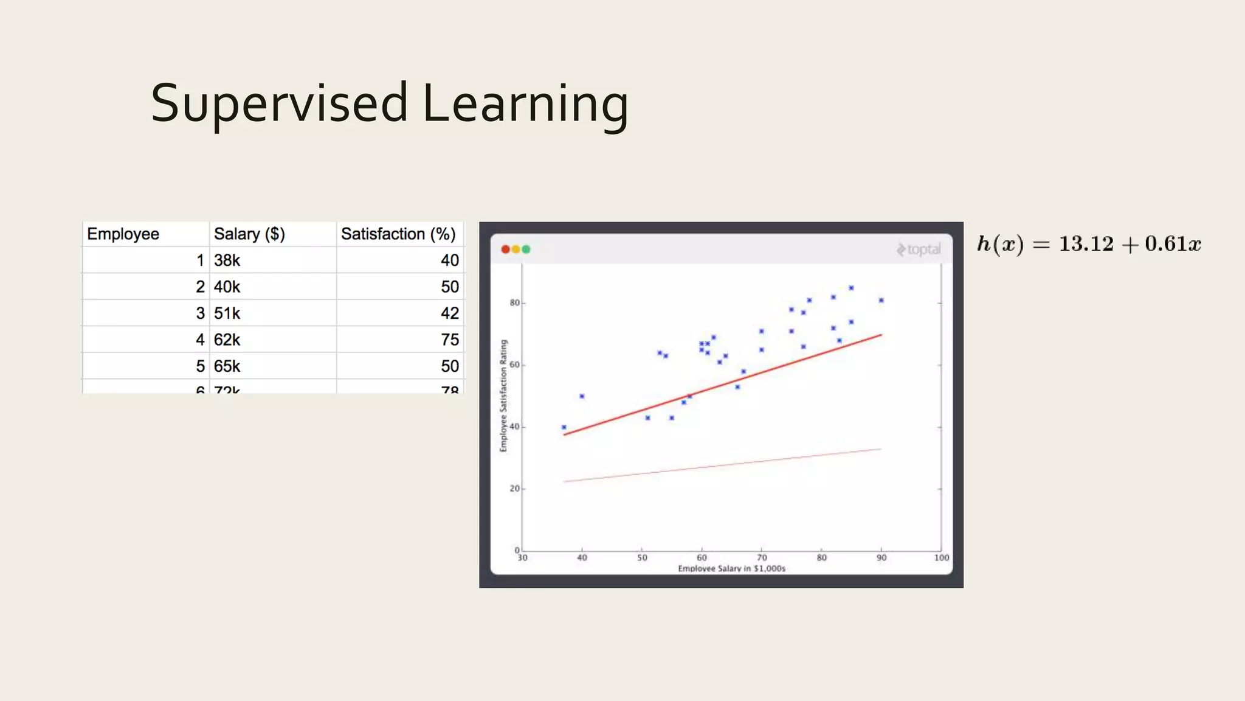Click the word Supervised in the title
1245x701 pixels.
(x=279, y=103)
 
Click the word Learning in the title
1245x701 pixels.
(x=525, y=103)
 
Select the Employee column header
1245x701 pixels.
(x=123, y=234)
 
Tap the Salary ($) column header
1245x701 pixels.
(x=249, y=234)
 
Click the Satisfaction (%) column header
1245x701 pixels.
(x=398, y=234)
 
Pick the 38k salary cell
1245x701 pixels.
(x=227, y=260)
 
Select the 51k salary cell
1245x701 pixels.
(x=227, y=313)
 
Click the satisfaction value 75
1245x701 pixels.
(x=449, y=340)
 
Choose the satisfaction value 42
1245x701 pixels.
(x=449, y=313)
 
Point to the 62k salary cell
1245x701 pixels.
(x=227, y=340)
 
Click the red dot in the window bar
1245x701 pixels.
(x=505, y=249)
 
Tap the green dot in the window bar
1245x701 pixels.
(x=526, y=249)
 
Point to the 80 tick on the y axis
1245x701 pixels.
(x=514, y=303)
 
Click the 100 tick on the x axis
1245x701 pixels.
(x=941, y=557)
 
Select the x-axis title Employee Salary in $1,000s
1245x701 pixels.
(x=731, y=568)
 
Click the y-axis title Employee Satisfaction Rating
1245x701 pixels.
(x=503, y=396)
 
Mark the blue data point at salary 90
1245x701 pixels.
(x=881, y=300)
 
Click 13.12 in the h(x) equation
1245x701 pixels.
(x=1086, y=244)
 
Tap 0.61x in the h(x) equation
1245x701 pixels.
(x=1173, y=244)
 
